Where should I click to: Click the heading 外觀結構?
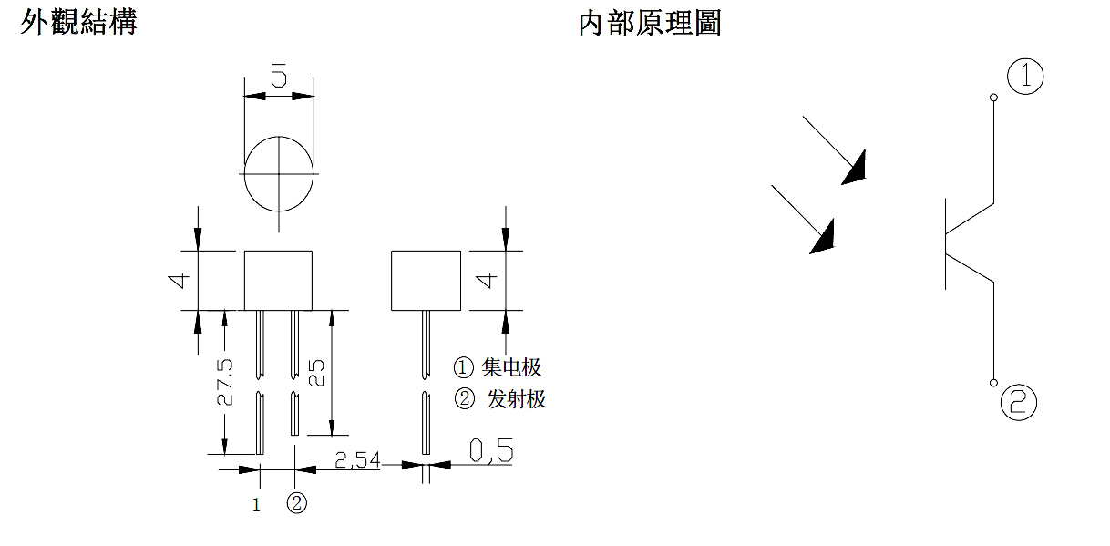(78, 22)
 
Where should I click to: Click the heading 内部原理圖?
(649, 23)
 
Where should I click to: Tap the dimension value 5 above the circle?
(279, 76)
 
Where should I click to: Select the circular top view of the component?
(279, 172)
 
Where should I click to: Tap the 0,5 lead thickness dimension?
(491, 449)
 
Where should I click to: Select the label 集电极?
(511, 367)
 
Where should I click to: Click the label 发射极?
(516, 398)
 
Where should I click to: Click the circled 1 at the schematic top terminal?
(1026, 76)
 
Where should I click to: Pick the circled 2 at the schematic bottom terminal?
(1018, 402)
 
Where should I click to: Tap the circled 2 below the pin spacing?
(296, 503)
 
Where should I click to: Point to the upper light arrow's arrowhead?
(854, 170)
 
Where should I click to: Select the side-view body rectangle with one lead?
(426, 280)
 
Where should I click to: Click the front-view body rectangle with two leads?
(279, 280)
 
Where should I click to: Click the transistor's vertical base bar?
(945, 244)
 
